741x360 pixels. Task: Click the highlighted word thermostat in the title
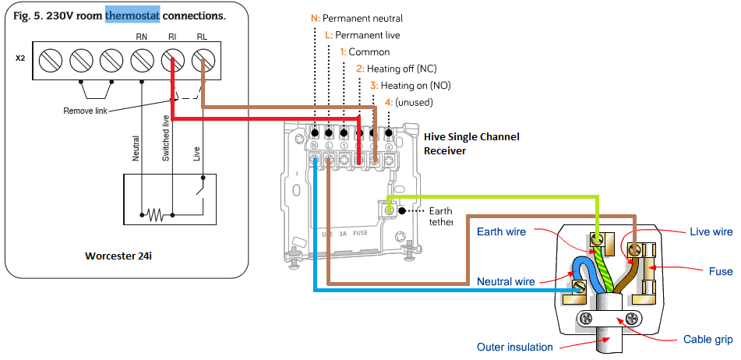132,16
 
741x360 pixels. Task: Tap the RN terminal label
141,37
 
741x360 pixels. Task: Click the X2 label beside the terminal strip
20,58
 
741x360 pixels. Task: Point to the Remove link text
85,111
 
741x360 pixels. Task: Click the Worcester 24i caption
119,256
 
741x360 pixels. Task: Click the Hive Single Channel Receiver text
471,143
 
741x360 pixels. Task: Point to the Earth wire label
502,231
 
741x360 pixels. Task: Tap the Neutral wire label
505,281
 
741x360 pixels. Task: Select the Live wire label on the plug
711,231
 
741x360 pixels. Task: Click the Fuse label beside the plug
721,271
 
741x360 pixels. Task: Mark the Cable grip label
707,340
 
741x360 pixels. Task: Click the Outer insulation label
514,347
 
